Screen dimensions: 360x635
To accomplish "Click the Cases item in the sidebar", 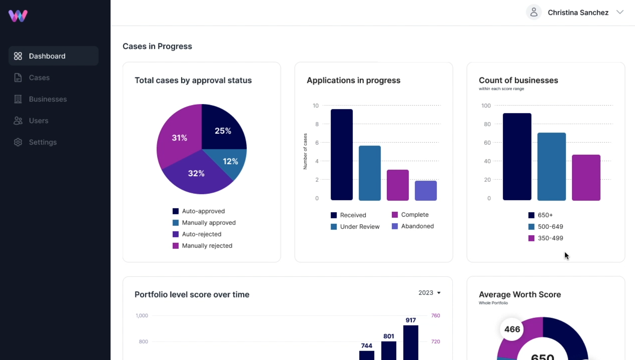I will tap(39, 78).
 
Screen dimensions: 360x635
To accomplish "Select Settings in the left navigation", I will tap(42, 142).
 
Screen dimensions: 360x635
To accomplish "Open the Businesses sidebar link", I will tap(47, 99).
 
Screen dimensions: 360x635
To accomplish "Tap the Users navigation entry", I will tap(38, 121).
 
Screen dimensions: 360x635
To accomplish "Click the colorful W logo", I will tap(18, 16).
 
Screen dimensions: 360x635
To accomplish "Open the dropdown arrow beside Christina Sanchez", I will tap(620, 12).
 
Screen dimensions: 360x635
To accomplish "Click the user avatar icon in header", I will tap(534, 12).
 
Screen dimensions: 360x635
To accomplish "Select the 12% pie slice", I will tap(230, 161).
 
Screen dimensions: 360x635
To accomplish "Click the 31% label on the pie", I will tap(179, 138).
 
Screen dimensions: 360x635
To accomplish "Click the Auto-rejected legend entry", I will tap(201, 234).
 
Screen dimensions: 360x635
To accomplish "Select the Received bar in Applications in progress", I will tap(342, 155).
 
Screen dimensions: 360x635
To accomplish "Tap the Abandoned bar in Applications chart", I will tap(426, 191).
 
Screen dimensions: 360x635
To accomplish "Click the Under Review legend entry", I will tap(359, 227).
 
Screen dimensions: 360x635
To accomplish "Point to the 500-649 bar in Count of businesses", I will tap(551, 166).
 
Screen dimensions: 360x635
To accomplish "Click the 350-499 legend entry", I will tap(550, 238).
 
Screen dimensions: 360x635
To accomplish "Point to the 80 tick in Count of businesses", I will tap(487, 124).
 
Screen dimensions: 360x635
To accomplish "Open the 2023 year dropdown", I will tap(429, 293).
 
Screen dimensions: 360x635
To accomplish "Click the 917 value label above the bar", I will tap(411, 320).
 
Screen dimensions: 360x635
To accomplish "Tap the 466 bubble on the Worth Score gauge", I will tap(512, 329).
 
